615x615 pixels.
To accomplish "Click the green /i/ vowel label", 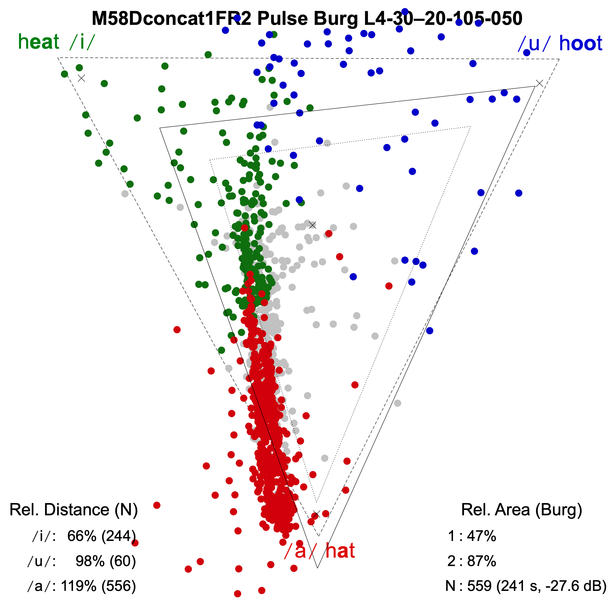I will tap(82, 42).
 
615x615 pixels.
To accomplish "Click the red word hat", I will tap(340, 551).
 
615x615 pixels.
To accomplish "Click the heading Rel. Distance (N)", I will tap(74, 510).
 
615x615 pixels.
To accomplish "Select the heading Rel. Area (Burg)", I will tap(521, 510).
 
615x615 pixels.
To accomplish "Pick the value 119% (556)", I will tap(98, 586).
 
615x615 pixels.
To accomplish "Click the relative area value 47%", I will tap(481, 536).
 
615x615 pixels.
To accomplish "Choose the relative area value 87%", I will tap(481, 561).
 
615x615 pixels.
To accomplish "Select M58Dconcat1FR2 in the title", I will tap(171, 18).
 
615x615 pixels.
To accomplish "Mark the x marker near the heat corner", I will tap(81, 78).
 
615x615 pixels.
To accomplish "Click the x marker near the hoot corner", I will tap(539, 83).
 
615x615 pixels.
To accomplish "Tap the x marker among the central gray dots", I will tap(313, 225).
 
